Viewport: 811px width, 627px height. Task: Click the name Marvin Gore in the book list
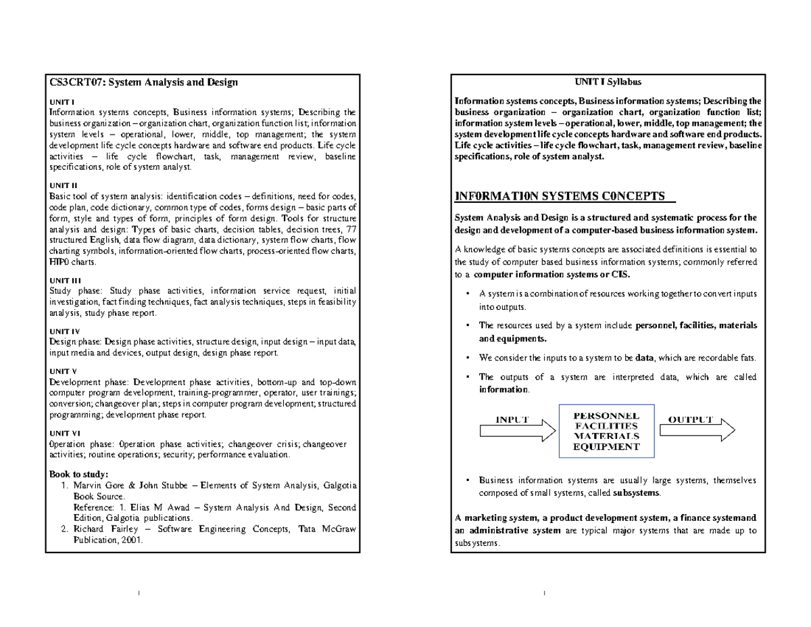click(98, 485)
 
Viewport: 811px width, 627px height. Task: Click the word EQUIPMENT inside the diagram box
click(606, 447)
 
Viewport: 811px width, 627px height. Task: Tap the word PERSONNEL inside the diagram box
click(606, 415)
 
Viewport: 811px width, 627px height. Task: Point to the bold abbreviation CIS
click(619, 275)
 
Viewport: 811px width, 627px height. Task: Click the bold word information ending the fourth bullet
click(502, 390)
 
